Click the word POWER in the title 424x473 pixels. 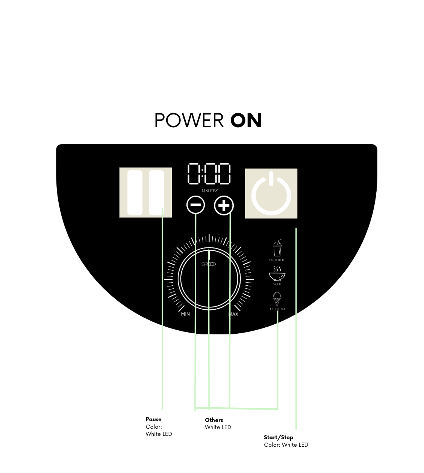point(189,121)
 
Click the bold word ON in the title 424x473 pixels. point(246,121)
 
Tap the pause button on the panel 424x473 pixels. point(145,193)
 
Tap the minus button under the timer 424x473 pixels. point(195,205)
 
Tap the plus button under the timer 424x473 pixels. point(224,206)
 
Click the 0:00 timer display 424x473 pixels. point(209,174)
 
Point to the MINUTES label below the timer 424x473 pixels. point(210,191)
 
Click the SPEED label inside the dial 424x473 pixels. point(209,264)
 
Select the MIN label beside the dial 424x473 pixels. point(185,314)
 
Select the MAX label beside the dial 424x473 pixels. point(233,314)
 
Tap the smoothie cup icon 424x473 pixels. point(277,249)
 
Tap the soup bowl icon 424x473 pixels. point(277,274)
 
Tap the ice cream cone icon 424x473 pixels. point(277,299)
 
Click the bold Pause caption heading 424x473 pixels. point(153,419)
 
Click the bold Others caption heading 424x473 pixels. point(214,420)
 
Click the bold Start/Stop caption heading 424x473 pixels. point(278,437)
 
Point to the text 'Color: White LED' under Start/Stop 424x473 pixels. point(286,445)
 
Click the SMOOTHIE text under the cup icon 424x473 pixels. point(277,260)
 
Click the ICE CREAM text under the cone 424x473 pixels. point(277,309)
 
